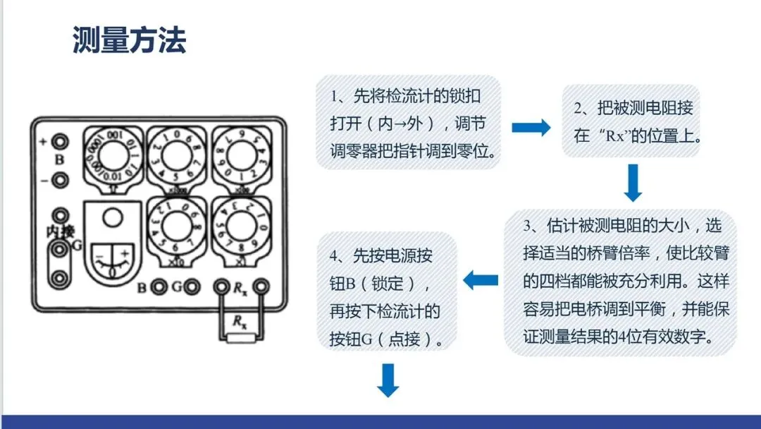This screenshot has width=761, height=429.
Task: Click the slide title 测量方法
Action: [129, 40]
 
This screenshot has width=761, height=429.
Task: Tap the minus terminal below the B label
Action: [61, 179]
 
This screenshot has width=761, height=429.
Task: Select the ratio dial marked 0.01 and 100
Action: [111, 158]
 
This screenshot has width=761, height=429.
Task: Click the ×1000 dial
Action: [177, 158]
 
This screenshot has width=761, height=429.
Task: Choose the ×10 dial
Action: [177, 230]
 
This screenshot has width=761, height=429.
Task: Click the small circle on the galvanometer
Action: [111, 219]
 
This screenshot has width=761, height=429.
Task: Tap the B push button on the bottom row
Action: [160, 287]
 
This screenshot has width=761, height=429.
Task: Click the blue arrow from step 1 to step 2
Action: [531, 128]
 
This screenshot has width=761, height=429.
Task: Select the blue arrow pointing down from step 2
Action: [633, 183]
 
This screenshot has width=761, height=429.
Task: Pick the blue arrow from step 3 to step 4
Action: [481, 280]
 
